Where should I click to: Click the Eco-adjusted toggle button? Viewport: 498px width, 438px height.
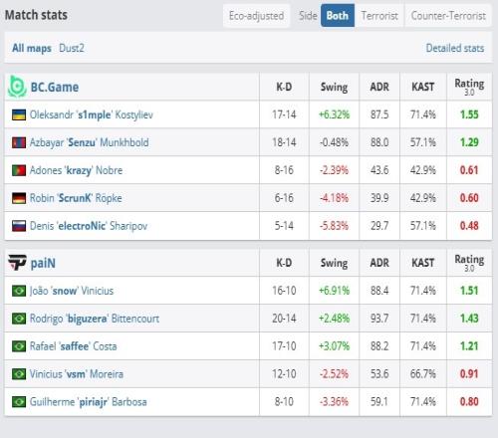[256, 16]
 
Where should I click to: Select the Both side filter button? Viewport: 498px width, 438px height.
[338, 16]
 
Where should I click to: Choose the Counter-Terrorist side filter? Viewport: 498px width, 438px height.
[448, 16]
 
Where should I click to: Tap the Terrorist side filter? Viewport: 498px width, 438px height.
[379, 16]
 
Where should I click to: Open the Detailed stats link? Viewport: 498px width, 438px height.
[455, 48]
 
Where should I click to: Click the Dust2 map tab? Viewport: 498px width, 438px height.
[72, 48]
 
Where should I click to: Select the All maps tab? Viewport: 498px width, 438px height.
[32, 48]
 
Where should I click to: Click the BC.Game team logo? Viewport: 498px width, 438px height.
[17, 87]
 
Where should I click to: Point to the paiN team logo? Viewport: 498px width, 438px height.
[17, 263]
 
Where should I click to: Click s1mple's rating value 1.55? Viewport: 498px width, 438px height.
[469, 114]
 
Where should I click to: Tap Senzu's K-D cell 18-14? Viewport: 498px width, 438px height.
[284, 142]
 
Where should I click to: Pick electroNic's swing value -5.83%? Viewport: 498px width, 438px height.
[334, 226]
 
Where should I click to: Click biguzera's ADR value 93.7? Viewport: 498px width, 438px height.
[379, 319]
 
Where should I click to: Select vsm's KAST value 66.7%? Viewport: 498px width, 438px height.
[423, 374]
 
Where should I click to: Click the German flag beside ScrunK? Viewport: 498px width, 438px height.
[19, 198]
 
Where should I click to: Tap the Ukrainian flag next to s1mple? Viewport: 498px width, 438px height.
[19, 114]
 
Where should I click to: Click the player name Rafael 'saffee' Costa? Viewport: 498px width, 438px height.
[73, 346]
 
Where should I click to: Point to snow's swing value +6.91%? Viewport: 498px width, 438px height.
[334, 291]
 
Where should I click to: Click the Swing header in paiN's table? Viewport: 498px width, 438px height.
[334, 263]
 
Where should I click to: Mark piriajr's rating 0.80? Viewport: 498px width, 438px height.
[469, 402]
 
